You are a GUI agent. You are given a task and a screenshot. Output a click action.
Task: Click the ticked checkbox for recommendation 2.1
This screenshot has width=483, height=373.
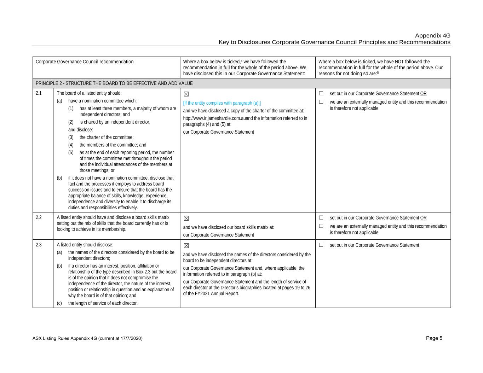click(186, 94)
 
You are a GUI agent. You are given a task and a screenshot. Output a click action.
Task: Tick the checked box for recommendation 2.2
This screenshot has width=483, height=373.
click(186, 218)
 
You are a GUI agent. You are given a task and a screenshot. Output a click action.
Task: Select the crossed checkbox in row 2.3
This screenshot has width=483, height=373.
click(186, 246)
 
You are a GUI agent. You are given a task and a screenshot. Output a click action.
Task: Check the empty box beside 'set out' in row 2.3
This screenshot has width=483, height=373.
click(321, 245)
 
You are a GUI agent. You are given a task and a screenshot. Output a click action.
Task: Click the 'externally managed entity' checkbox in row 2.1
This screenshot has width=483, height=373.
click(321, 102)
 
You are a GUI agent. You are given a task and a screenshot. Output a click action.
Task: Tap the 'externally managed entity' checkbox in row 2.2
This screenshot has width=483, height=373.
click(321, 226)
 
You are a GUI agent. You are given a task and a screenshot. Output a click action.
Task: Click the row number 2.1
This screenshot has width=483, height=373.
click(39, 93)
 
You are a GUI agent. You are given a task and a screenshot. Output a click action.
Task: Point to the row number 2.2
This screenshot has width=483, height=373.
click(39, 217)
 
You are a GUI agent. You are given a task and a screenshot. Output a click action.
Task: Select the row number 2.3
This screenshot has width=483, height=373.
click(39, 245)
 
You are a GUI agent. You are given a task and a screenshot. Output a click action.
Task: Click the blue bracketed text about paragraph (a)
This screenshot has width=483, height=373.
click(222, 103)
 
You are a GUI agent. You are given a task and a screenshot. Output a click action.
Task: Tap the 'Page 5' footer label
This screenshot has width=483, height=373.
click(434, 338)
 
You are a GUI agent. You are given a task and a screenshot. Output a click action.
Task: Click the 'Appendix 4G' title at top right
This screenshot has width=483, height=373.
click(432, 36)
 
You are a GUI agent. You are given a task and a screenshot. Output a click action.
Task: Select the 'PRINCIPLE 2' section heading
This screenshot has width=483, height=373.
click(114, 83)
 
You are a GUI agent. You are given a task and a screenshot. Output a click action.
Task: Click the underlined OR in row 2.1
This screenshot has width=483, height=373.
click(423, 94)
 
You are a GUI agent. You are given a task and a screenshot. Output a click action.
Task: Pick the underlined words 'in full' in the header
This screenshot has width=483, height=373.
click(224, 68)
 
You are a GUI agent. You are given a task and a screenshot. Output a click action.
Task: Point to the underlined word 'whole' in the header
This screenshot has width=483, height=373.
click(251, 68)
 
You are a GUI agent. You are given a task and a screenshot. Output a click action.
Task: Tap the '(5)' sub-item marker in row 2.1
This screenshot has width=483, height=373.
click(71, 153)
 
